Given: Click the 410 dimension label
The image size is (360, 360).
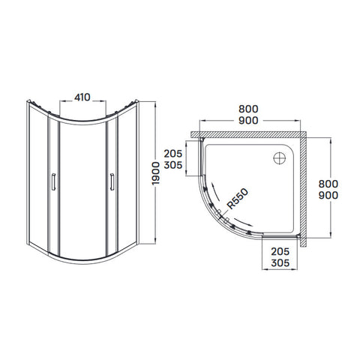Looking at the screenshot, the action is pyautogui.click(x=82, y=97).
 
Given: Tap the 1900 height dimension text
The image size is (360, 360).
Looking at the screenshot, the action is pyautogui.click(x=156, y=173).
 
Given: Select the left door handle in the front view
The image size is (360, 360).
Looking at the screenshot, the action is pyautogui.click(x=53, y=181).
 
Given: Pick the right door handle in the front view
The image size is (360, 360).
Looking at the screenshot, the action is pyautogui.click(x=112, y=181).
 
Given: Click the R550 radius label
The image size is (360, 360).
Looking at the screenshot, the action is pyautogui.click(x=238, y=199).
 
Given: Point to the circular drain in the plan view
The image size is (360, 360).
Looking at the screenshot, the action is pyautogui.click(x=280, y=158).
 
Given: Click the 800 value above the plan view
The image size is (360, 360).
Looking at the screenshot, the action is pyautogui.click(x=248, y=109).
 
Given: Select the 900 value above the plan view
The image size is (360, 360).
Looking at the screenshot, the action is pyautogui.click(x=248, y=121).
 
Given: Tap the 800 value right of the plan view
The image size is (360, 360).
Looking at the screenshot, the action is pyautogui.click(x=328, y=184).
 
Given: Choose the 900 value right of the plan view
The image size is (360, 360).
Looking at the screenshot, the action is pyautogui.click(x=328, y=195).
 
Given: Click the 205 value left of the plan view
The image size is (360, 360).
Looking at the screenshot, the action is pyautogui.click(x=173, y=154).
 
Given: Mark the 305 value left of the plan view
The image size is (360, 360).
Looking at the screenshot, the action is pyautogui.click(x=173, y=165).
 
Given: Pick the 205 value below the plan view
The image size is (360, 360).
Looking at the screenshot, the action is pyautogui.click(x=280, y=251).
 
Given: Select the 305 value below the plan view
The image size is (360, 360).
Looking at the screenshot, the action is pyautogui.click(x=280, y=263).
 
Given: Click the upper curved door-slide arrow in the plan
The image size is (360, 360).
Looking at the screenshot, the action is pyautogui.click(x=215, y=192).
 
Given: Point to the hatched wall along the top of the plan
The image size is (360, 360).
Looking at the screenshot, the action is pyautogui.click(x=248, y=134).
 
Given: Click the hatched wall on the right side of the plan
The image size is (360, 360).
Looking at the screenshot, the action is pyautogui.click(x=304, y=189).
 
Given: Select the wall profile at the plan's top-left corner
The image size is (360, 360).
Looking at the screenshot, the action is pyautogui.click(x=202, y=140).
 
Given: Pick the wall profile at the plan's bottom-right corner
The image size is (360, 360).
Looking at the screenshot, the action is pyautogui.click(x=298, y=235).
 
